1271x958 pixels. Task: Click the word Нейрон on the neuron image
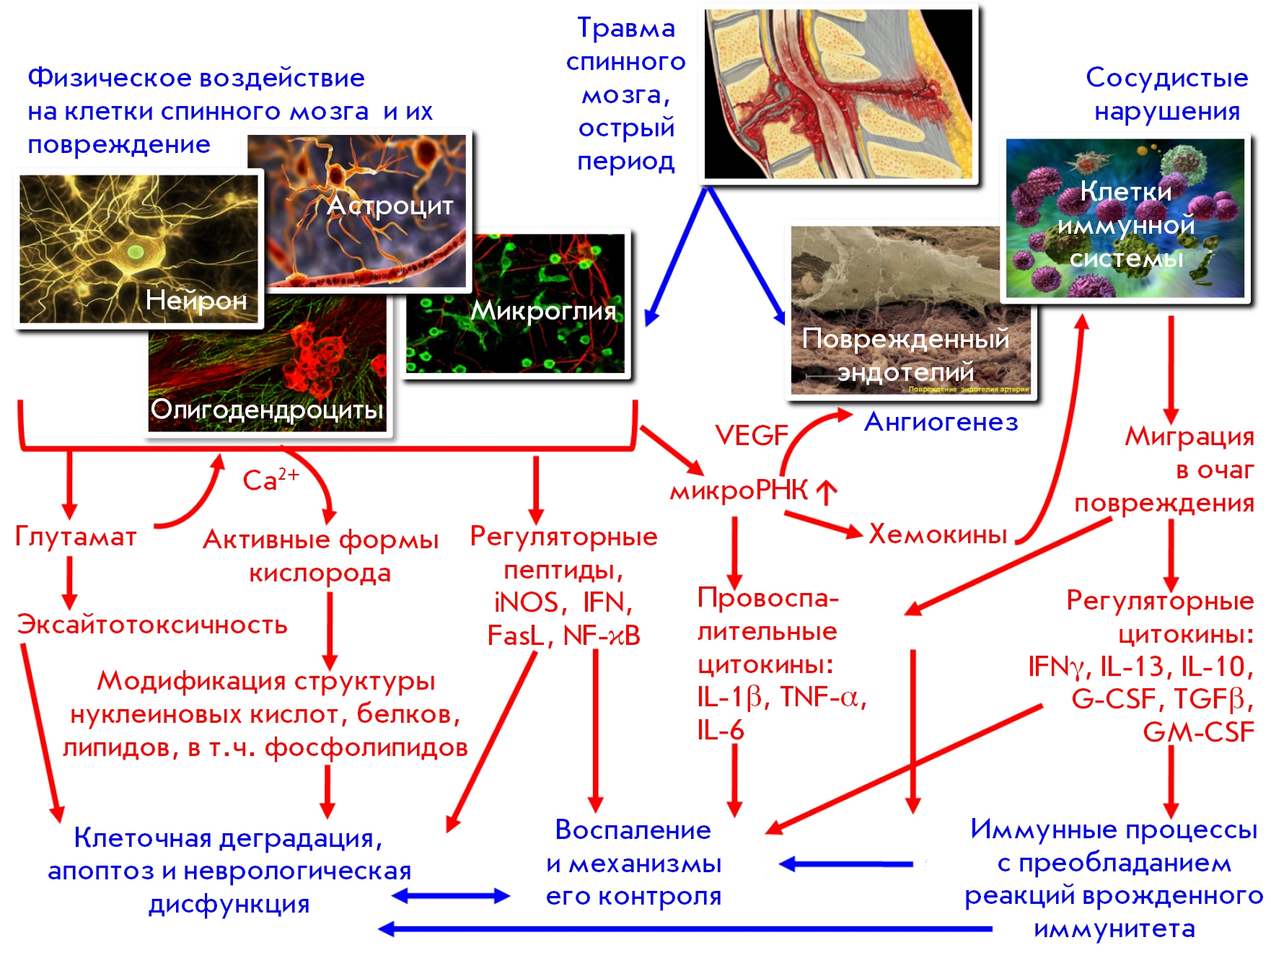click(196, 300)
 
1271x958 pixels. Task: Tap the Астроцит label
click(390, 206)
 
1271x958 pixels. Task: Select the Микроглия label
click(543, 311)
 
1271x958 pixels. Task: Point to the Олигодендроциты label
click(267, 410)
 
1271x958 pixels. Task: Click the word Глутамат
click(76, 537)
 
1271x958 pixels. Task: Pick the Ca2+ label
click(271, 479)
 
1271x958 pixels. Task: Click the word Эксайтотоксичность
click(152, 624)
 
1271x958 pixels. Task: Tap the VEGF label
click(752, 435)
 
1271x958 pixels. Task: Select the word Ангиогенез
click(941, 422)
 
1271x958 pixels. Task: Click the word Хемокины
click(938, 534)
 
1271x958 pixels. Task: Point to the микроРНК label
click(739, 491)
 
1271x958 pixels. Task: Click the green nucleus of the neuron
click(136, 252)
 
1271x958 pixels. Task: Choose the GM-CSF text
click(1198, 731)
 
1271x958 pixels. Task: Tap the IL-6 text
click(720, 730)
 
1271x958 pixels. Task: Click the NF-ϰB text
click(602, 636)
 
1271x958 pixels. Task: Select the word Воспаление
click(633, 830)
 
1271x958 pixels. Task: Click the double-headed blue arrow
click(451, 896)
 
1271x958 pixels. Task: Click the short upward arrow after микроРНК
click(827, 492)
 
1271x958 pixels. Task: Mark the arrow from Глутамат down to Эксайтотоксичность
click(69, 583)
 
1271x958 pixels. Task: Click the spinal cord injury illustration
click(838, 94)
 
